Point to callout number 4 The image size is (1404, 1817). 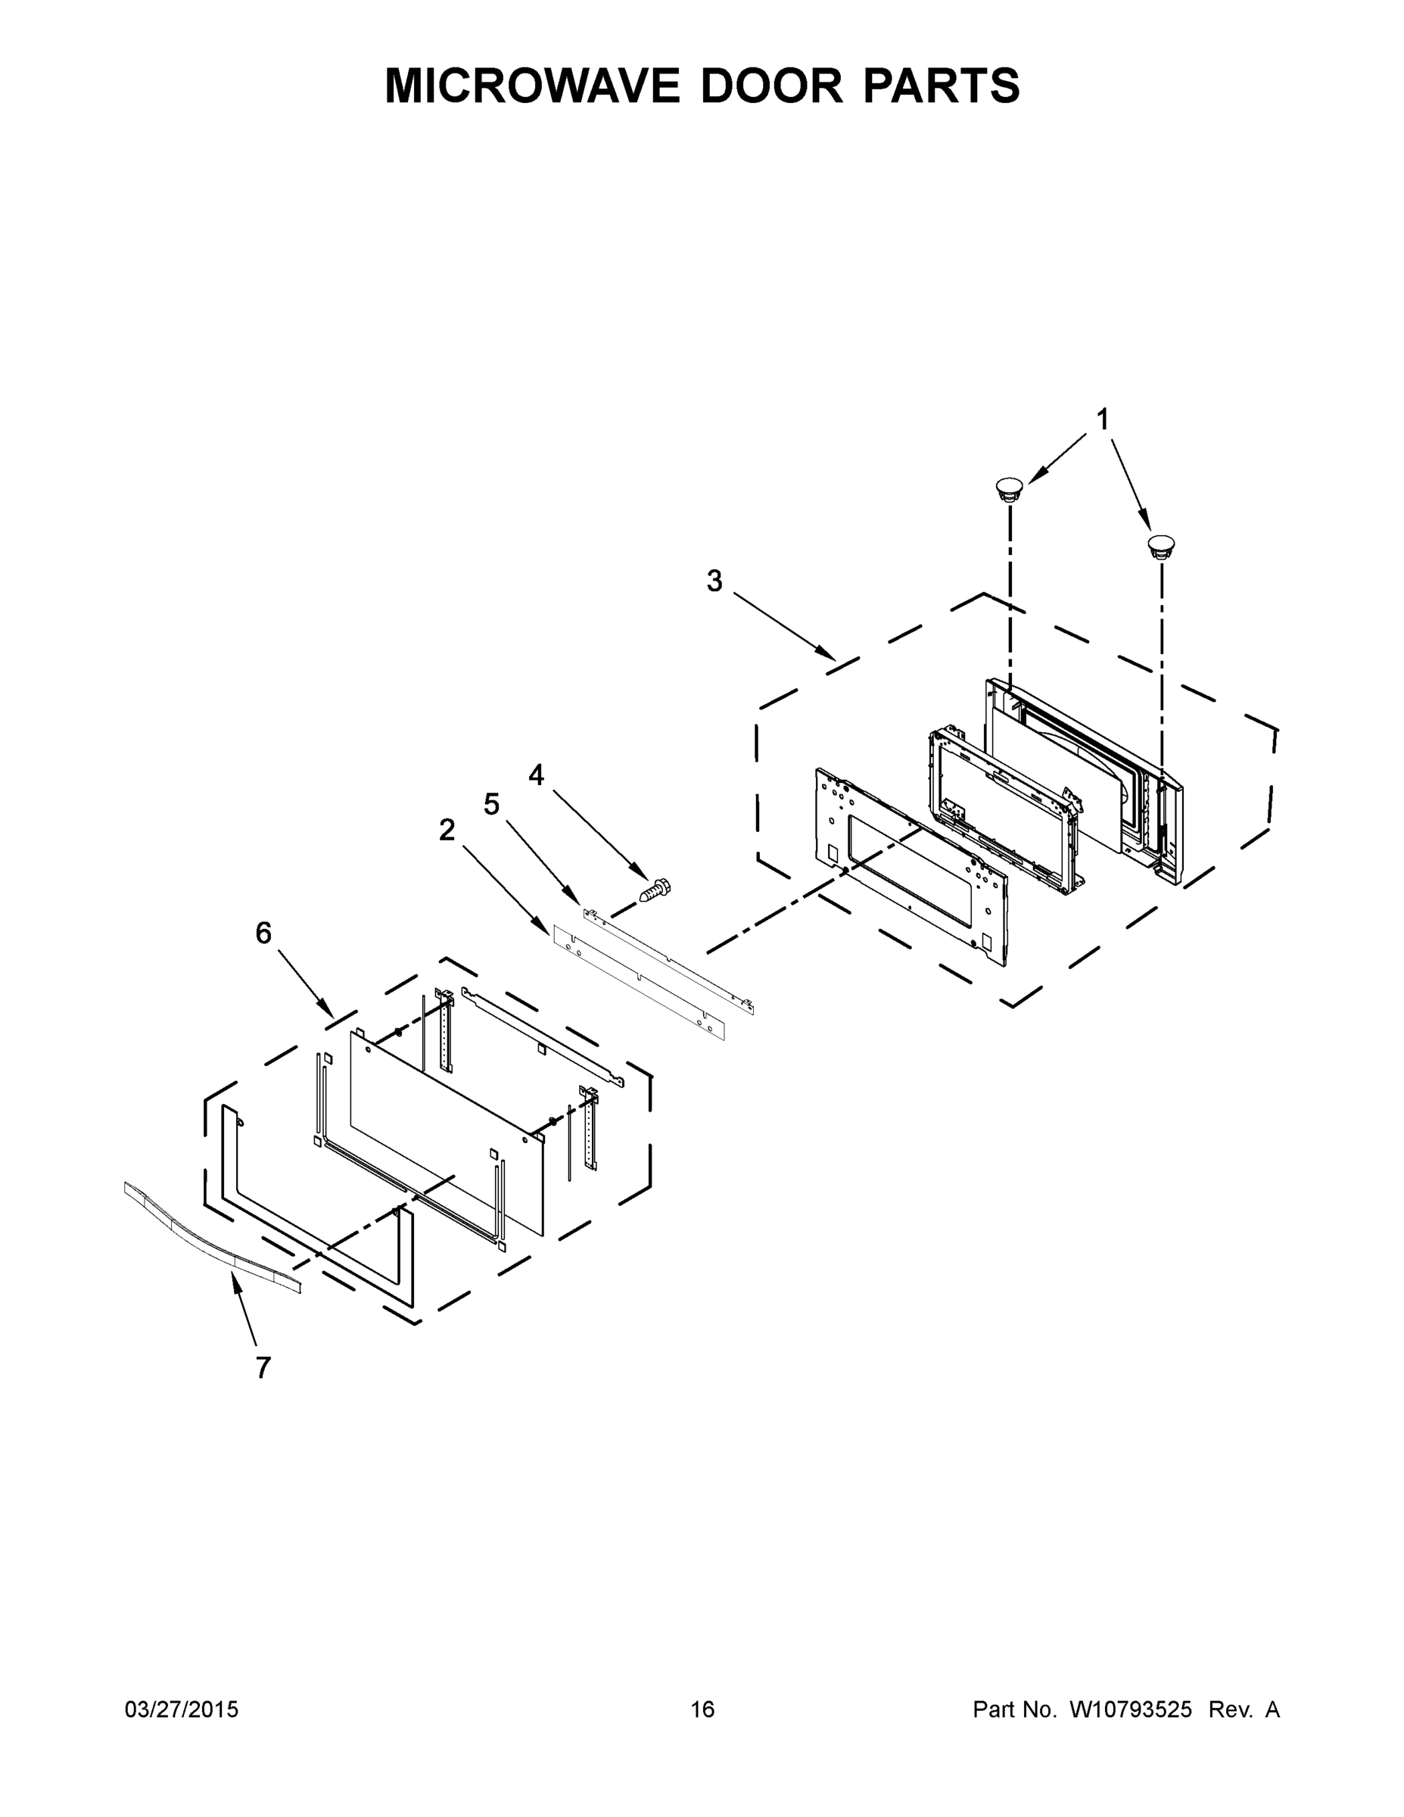[x=537, y=775]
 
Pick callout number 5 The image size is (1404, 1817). [x=491, y=805]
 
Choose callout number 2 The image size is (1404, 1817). [x=447, y=830]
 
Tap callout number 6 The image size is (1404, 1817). [x=263, y=933]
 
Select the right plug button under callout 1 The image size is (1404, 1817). [x=1160, y=546]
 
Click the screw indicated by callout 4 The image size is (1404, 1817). [x=655, y=890]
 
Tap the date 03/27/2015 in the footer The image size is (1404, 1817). [x=182, y=1709]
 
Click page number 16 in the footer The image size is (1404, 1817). [x=702, y=1709]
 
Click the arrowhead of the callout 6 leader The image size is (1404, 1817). [x=330, y=1014]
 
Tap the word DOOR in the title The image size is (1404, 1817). [x=771, y=86]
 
